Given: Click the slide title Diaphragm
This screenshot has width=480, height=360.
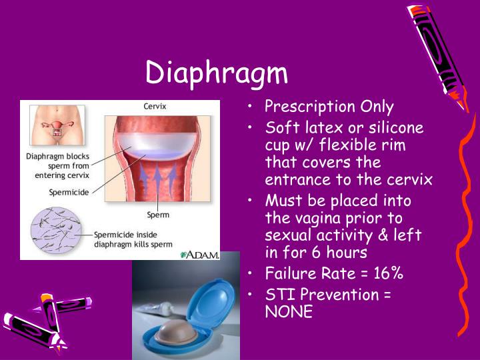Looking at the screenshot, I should pos(217,73).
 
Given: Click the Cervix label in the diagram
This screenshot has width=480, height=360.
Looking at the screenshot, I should pos(155,107).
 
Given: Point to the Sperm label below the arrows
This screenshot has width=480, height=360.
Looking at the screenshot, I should pos(157,215).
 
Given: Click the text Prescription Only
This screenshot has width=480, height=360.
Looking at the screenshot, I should pos(329,107).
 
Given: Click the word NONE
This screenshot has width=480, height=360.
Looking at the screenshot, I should pos(289,311).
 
